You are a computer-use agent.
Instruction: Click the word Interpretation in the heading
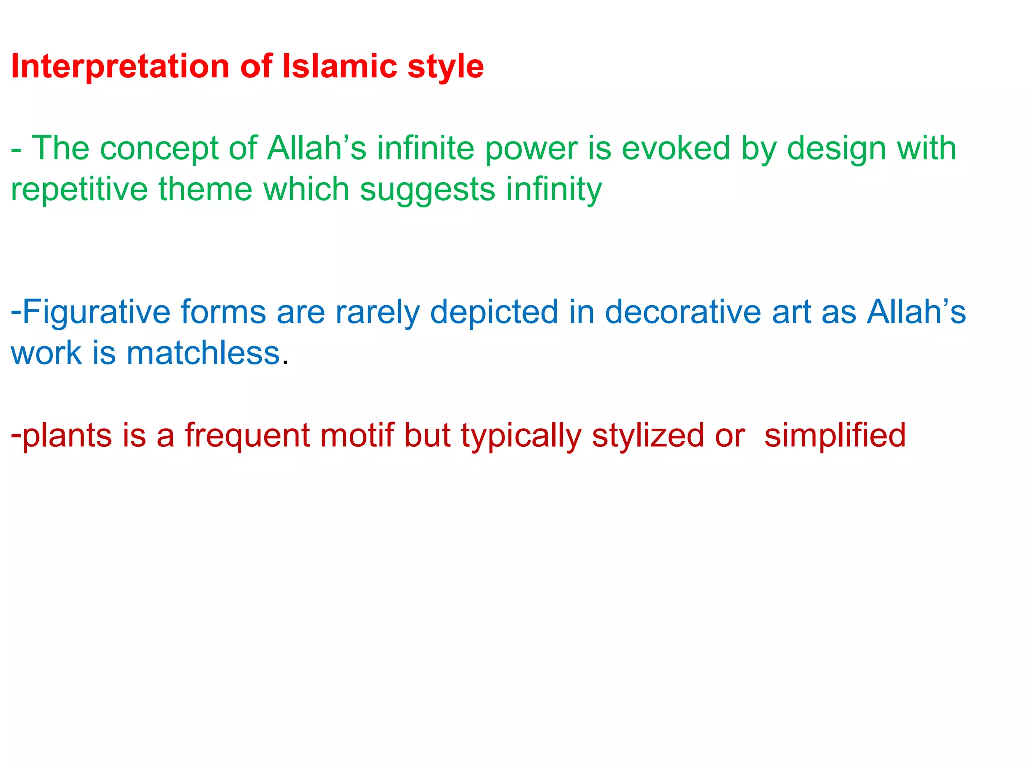(120, 67)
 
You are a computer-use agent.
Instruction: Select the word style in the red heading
(445, 67)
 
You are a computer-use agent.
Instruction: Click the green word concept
(159, 149)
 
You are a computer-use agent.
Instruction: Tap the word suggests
(427, 190)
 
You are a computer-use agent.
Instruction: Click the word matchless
(203, 353)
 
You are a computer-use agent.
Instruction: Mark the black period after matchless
(285, 363)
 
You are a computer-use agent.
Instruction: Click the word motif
(357, 435)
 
